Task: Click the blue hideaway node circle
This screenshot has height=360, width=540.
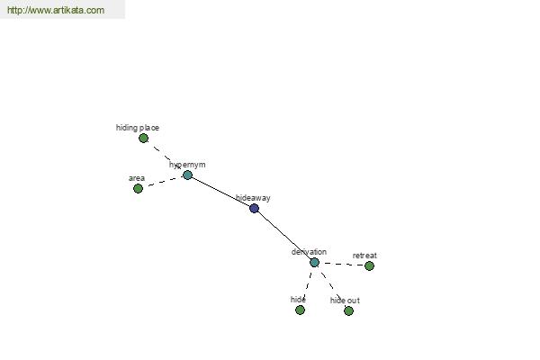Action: pyautogui.click(x=254, y=208)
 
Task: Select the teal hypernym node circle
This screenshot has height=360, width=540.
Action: pyautogui.click(x=187, y=175)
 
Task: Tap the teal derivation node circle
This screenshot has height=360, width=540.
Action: pyautogui.click(x=314, y=263)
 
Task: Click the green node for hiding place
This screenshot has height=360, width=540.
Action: pyautogui.click(x=144, y=138)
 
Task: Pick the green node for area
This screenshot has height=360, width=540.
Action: pyautogui.click(x=138, y=188)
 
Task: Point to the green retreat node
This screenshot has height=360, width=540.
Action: pyautogui.click(x=369, y=266)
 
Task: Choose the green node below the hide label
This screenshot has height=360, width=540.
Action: pyautogui.click(x=300, y=310)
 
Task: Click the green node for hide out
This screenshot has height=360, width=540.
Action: pyautogui.click(x=348, y=311)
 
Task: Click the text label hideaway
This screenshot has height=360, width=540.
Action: pyautogui.click(x=253, y=198)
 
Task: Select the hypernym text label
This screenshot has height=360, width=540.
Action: pyautogui.click(x=187, y=165)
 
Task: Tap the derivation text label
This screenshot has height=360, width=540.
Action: pyautogui.click(x=309, y=252)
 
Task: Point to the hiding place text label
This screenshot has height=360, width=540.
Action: pyautogui.click(x=138, y=128)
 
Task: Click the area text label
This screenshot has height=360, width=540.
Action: pyautogui.click(x=137, y=178)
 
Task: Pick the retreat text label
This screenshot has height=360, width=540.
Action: pyautogui.click(x=364, y=256)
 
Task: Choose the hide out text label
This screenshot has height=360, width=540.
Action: pyautogui.click(x=345, y=301)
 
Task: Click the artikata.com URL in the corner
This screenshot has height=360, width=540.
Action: pyautogui.click(x=56, y=10)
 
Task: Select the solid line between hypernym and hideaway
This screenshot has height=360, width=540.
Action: pyautogui.click(x=220, y=192)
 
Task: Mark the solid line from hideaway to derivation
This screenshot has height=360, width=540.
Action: pyautogui.click(x=284, y=235)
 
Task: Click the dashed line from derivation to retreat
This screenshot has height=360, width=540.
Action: pyautogui.click(x=342, y=265)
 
